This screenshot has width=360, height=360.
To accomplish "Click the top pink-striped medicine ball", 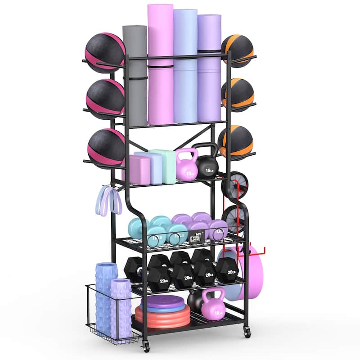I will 105,52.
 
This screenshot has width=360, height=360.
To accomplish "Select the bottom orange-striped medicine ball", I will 236,142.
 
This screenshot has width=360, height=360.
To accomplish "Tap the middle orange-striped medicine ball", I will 238,94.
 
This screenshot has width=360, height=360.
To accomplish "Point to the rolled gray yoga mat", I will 135,74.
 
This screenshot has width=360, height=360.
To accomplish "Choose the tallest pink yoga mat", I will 160,63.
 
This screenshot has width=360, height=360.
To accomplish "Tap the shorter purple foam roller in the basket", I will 121,308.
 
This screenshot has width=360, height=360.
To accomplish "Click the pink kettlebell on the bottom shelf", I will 212,306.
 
